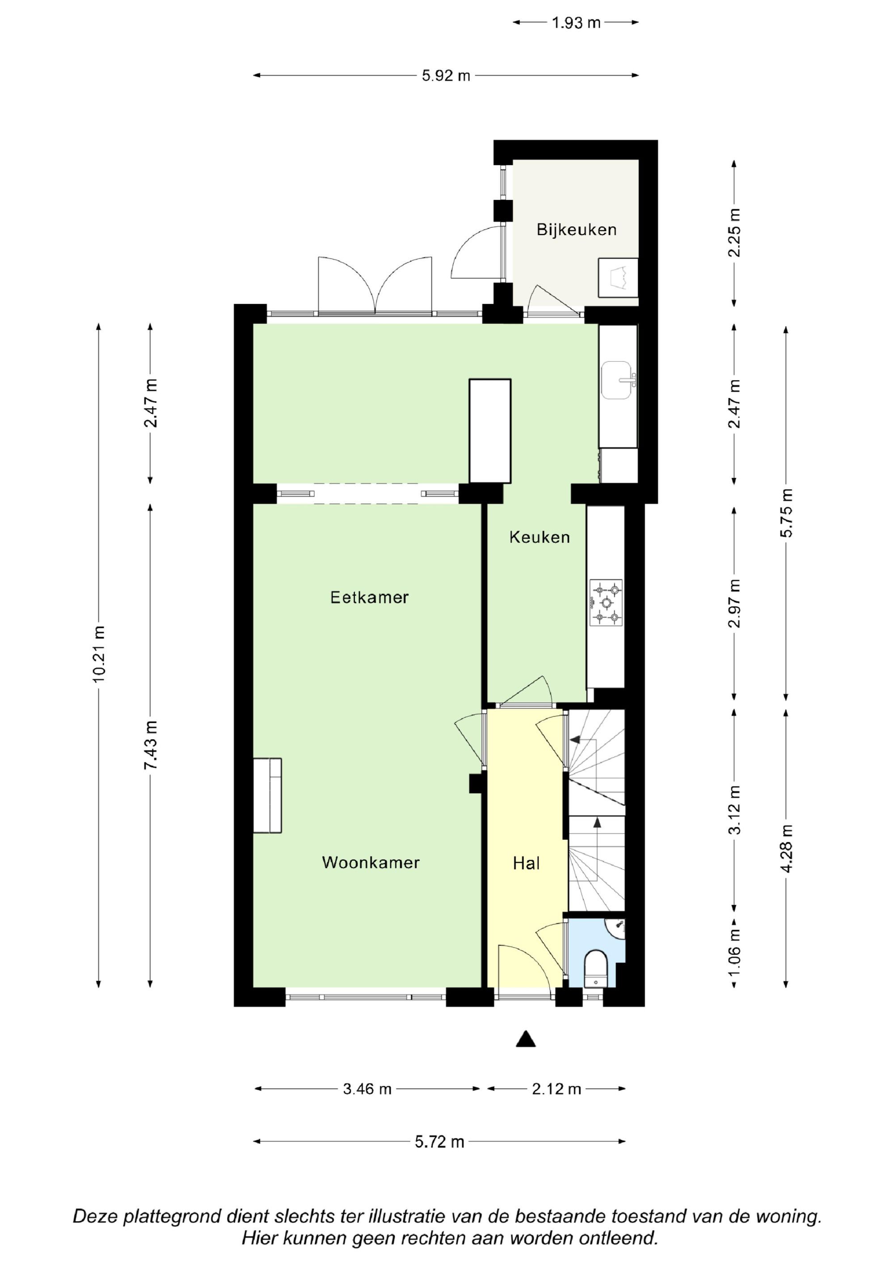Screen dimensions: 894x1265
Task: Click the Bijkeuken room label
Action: [x=576, y=230]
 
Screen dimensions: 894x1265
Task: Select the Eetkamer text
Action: [x=369, y=597]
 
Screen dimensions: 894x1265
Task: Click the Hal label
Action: [x=526, y=863]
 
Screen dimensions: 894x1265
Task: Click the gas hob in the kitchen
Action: [x=607, y=603]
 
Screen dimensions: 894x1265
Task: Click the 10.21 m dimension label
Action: [x=99, y=654]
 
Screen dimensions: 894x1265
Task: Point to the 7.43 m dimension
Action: [x=150, y=745]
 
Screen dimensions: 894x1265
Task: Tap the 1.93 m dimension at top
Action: [x=576, y=23]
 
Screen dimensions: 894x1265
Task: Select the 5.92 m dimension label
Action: [x=446, y=76]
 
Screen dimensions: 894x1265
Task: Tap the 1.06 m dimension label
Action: [x=734, y=951]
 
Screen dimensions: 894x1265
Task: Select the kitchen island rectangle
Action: [x=490, y=431]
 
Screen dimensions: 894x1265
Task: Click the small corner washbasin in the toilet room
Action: [x=616, y=928]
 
